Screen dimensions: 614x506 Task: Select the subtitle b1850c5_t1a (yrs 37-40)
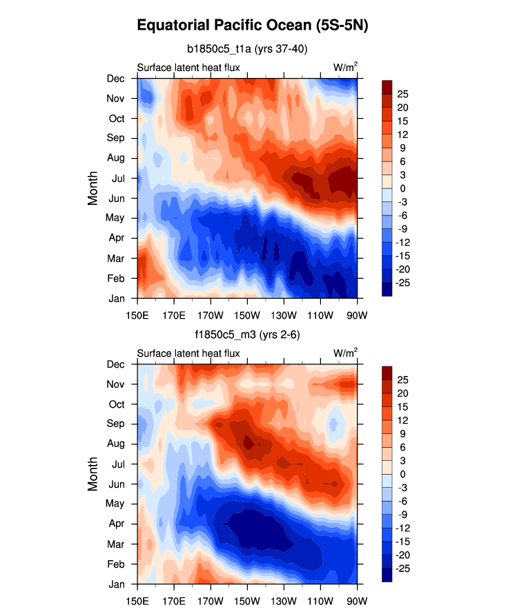(247, 49)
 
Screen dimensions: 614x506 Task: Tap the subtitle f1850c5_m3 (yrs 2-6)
(247, 335)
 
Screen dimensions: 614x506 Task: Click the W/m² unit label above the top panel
(345, 67)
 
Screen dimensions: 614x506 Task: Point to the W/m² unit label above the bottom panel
(345, 353)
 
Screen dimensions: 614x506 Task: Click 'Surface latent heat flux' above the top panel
(188, 68)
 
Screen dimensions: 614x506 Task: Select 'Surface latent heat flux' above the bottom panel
(188, 353)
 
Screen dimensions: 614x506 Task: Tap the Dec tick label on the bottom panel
(115, 364)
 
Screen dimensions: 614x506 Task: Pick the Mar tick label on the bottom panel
(116, 544)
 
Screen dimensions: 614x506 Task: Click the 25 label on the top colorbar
(402, 93)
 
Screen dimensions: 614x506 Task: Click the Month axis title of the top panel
(93, 188)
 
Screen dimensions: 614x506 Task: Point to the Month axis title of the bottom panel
(93, 474)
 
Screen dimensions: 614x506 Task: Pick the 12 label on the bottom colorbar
(402, 419)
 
